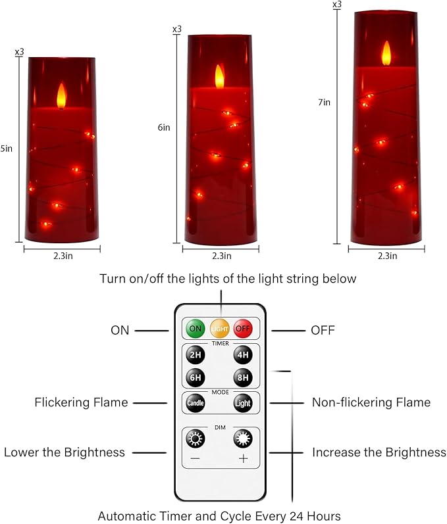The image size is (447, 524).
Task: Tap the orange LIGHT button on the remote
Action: (x=219, y=328)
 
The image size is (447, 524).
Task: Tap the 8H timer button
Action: (x=243, y=378)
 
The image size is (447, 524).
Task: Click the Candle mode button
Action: (x=196, y=402)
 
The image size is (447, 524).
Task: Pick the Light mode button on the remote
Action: (x=243, y=402)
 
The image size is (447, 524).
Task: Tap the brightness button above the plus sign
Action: (x=243, y=439)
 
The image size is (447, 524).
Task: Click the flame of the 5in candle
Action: (x=62, y=95)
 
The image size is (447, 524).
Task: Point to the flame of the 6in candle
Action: (x=220, y=77)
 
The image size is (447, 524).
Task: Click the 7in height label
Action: (x=324, y=102)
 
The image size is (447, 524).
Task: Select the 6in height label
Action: (x=164, y=128)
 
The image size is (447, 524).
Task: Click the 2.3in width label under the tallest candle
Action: (x=387, y=255)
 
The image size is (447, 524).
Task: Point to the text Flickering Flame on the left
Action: (x=81, y=402)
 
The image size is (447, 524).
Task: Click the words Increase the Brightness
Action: (x=379, y=452)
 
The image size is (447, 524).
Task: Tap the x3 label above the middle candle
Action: (x=176, y=29)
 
